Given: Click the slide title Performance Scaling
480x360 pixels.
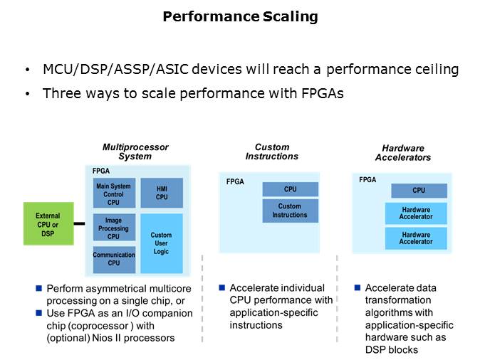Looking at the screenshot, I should coord(240,16).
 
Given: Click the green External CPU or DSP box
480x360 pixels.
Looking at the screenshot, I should coord(48,224).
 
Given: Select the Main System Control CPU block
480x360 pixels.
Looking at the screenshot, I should coord(113,194).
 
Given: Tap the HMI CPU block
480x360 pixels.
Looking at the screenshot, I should coord(161,193).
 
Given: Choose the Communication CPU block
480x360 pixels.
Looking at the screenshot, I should coord(113,259).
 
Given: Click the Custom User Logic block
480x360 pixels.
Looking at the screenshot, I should coord(161,243).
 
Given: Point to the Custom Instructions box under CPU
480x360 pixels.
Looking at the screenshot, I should coord(290,211).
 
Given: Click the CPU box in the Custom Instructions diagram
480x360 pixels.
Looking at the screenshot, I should coord(290,189).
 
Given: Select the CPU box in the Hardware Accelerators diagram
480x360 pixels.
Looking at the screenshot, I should coord(419,191).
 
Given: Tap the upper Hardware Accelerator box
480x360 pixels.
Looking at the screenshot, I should coord(416,213).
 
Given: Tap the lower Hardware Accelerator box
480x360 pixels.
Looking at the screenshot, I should coord(416,238).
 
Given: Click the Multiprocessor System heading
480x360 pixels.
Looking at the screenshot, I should coord(135,152).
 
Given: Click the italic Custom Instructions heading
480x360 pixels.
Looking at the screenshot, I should coord(271,152).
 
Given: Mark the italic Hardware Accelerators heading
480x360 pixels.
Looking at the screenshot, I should coord(402,152).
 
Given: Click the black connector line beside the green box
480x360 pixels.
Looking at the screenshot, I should coord(80,224).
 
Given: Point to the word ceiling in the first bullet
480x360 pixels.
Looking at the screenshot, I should coord(436,70).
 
